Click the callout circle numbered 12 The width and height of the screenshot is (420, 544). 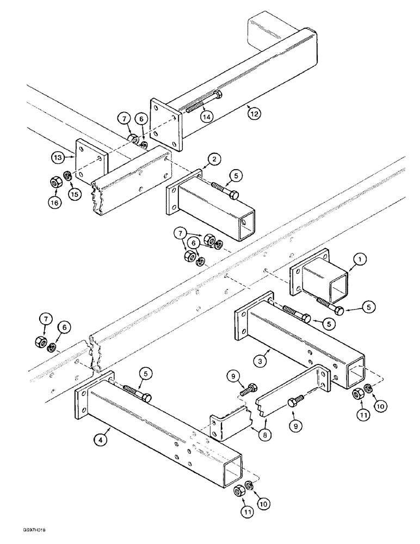(x=254, y=114)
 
